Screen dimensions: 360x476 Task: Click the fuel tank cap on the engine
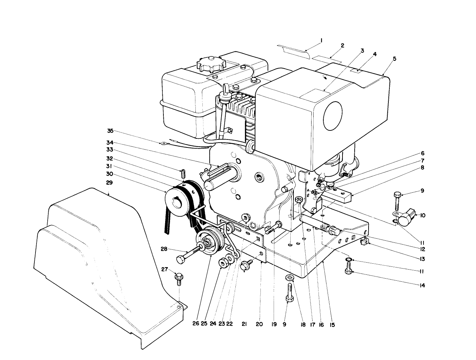click(x=211, y=64)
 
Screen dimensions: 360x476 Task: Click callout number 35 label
click(x=110, y=131)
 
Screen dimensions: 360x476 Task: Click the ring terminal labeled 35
click(x=163, y=143)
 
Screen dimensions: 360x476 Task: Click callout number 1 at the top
click(x=321, y=40)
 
